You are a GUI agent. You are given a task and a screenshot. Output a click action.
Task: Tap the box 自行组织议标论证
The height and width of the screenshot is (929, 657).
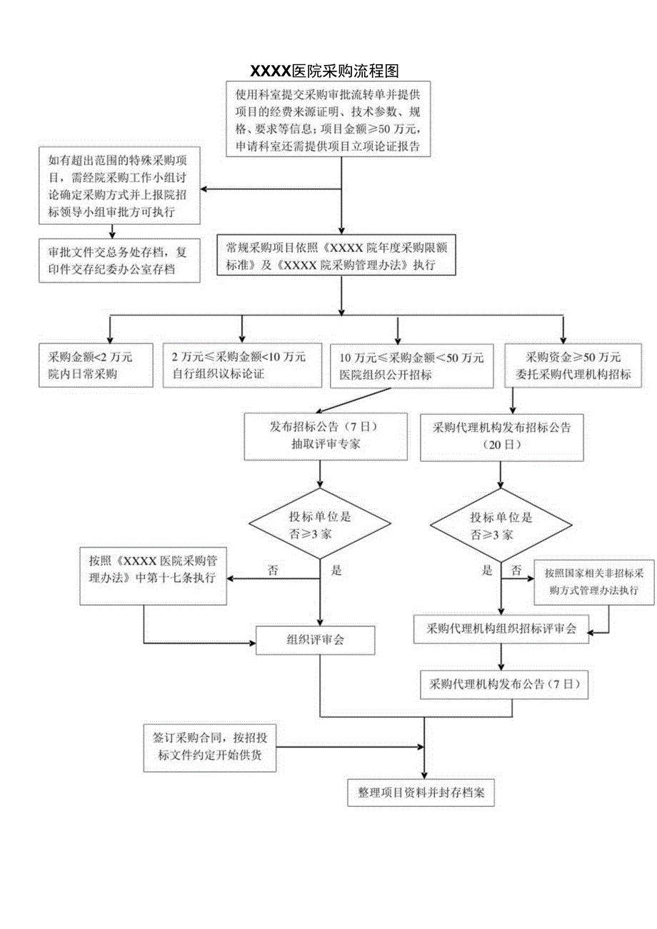pyautogui.click(x=239, y=366)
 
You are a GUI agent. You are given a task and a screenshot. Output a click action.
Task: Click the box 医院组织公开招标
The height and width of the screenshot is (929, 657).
pyautogui.click(x=411, y=366)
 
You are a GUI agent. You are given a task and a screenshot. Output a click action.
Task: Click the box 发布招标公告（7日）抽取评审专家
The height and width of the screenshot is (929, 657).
pyautogui.click(x=318, y=436)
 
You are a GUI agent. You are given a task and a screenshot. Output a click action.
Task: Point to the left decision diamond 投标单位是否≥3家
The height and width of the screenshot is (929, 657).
pyautogui.click(x=320, y=526)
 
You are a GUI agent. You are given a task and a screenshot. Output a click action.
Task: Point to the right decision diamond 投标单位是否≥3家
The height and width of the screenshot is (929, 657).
pyautogui.click(x=501, y=526)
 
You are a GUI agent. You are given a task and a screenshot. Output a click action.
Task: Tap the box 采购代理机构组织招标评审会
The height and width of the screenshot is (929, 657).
pyautogui.click(x=501, y=628)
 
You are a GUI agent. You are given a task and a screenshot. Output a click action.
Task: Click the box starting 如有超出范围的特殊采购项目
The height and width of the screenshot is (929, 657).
pyautogui.click(x=120, y=186)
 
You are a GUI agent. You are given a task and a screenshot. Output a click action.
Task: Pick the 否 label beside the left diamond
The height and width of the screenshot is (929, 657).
pyautogui.click(x=273, y=570)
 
